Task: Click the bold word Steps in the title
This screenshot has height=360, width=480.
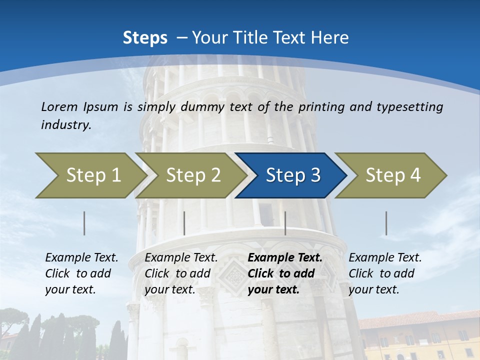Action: pyautogui.click(x=145, y=38)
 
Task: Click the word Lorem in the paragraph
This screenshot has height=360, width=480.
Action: pyautogui.click(x=59, y=106)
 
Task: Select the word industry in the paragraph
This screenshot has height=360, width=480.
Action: pyautogui.click(x=66, y=124)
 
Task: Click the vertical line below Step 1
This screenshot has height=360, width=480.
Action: pyautogui.click(x=84, y=223)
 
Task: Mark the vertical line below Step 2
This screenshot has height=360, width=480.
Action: pyautogui.click(x=184, y=223)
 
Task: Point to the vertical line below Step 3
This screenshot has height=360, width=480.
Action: pyautogui.click(x=285, y=223)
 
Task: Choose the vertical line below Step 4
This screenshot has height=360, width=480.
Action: pyautogui.click(x=386, y=223)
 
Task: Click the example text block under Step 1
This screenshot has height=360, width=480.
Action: pyautogui.click(x=81, y=273)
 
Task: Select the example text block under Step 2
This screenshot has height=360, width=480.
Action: pyautogui.click(x=181, y=273)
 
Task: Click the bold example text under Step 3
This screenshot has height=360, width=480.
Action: pyautogui.click(x=285, y=273)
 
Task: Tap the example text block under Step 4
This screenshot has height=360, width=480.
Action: pyautogui.click(x=385, y=273)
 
